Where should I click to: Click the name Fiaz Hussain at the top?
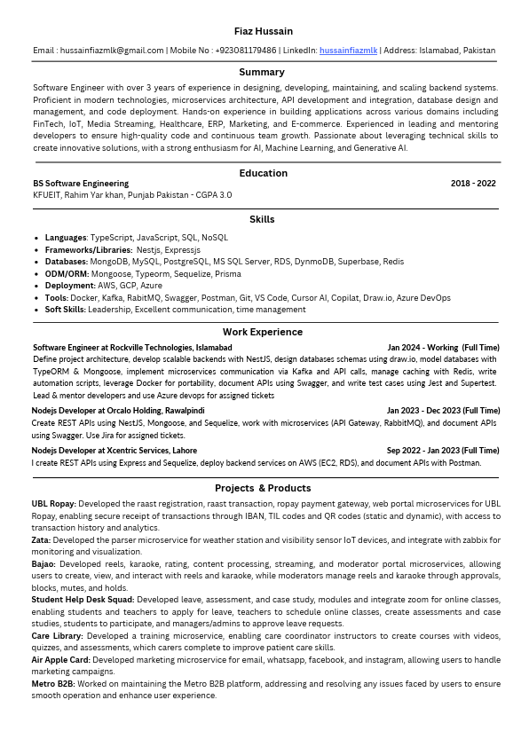pos(263,31)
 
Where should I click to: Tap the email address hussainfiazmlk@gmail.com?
pos(112,51)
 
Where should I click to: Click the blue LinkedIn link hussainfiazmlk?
pos(348,51)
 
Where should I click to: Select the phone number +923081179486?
pos(246,51)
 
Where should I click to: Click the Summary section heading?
pos(262,72)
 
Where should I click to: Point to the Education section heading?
pos(263,173)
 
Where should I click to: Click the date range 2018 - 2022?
pos(473,184)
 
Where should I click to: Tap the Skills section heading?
pos(262,219)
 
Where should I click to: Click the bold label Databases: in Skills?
pos(67,262)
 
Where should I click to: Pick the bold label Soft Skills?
pos(66,310)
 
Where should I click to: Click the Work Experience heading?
pos(263,332)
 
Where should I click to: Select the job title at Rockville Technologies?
pos(132,348)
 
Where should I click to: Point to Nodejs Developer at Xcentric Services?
pos(114,451)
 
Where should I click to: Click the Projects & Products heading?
pos(263,488)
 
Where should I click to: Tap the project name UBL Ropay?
pos(53,504)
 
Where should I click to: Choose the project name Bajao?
pos(43,563)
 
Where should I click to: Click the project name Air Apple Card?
pos(60,660)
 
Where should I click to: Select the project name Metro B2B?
pos(53,684)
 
